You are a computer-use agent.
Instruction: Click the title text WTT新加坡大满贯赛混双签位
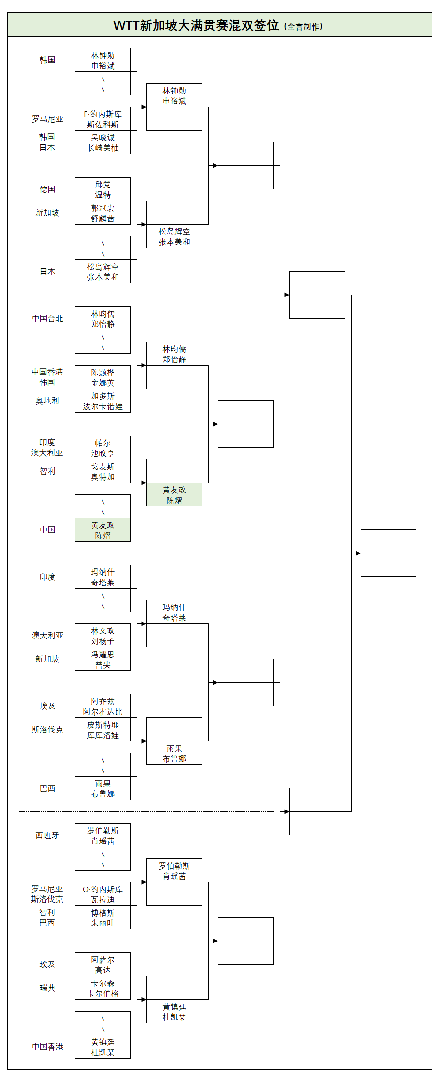point(196,25)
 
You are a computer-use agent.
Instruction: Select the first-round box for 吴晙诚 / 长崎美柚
point(102,142)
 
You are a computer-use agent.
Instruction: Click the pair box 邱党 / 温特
point(102,189)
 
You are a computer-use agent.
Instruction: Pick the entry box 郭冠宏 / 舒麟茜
point(102,213)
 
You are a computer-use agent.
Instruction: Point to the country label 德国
point(47,189)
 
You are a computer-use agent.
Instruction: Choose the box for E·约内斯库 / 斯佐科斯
point(102,119)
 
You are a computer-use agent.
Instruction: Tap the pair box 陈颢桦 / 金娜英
point(102,377)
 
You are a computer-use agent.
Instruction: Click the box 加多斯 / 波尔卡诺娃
point(102,401)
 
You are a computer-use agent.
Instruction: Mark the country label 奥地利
point(47,401)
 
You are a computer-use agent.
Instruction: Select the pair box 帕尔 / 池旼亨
point(102,448)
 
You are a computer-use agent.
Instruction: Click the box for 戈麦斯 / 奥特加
point(102,471)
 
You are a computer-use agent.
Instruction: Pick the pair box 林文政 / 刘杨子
point(102,636)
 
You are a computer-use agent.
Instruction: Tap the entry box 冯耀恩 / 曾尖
point(102,659)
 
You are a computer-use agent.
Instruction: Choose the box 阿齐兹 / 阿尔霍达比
point(102,706)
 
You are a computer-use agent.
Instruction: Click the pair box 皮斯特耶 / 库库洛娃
point(102,730)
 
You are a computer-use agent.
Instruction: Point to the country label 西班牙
point(47,835)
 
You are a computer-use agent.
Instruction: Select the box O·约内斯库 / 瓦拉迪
point(102,894)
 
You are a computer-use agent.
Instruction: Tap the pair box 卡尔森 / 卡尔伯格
point(102,988)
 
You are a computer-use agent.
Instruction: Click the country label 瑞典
point(47,988)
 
